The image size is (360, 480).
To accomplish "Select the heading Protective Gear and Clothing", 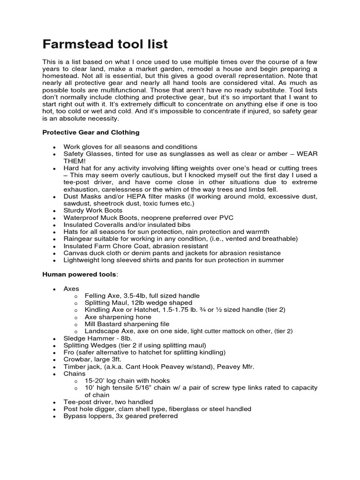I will click(90, 133).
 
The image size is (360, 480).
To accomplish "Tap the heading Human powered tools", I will click(78, 274).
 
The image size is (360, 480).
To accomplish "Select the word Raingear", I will click(78, 239).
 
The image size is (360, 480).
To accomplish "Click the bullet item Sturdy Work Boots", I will click(93, 210).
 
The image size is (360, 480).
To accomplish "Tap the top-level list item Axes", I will click(71, 289).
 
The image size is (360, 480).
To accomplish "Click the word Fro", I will click(69, 352).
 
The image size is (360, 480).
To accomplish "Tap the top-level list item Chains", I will click(75, 374).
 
